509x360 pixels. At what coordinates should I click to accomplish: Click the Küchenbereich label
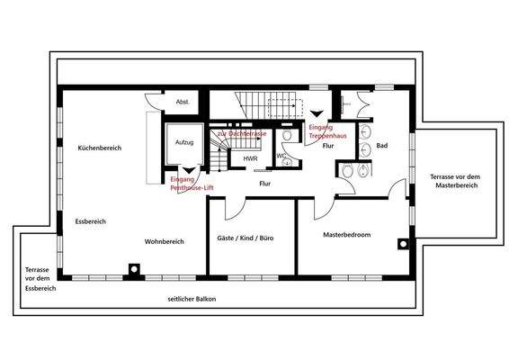(99, 147)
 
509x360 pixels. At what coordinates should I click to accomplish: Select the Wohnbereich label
(164, 241)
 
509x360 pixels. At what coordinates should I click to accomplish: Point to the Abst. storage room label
(182, 101)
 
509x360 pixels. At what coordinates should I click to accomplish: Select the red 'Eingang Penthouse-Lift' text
(192, 184)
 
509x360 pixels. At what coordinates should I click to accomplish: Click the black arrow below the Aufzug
(187, 169)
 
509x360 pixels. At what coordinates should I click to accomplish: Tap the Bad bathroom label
(381, 145)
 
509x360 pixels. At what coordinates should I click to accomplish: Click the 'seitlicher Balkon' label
(192, 299)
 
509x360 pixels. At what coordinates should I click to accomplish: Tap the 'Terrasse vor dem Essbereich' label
(40, 279)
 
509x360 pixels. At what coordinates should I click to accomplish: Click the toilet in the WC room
(288, 136)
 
